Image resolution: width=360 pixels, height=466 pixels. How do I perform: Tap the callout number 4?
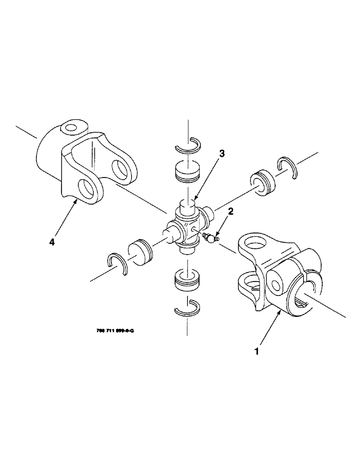coord(52,242)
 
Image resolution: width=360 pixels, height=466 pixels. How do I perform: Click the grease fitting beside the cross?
coord(210,238)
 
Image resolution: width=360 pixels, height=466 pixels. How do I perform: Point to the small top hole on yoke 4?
coord(71,127)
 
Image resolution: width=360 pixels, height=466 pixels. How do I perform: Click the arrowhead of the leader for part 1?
coord(279,313)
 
